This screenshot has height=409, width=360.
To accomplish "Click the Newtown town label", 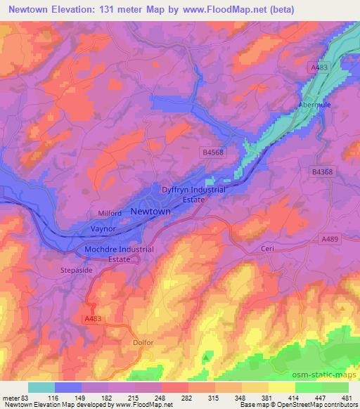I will click(150, 212).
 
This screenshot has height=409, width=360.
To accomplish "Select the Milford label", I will click(109, 213).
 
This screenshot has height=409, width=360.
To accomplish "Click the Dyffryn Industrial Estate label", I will click(194, 195).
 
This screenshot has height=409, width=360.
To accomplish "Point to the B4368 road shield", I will click(323, 171).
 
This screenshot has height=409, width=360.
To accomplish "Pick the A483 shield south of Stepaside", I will click(94, 318).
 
